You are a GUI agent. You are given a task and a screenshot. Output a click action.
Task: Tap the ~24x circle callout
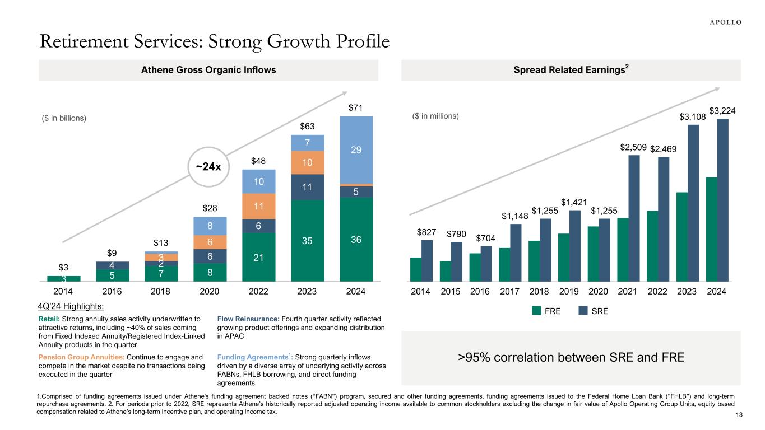[x=208, y=166]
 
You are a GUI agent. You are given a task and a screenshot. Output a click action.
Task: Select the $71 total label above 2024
[x=356, y=107]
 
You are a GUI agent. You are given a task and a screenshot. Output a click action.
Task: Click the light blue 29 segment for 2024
[x=356, y=149]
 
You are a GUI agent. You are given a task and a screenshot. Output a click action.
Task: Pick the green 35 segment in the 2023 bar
[x=307, y=240]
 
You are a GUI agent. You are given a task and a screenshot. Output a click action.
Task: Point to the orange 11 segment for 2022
[x=258, y=206]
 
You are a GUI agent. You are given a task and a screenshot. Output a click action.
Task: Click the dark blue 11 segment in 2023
[x=307, y=187]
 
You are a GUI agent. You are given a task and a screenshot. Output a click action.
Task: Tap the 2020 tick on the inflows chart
[x=210, y=292]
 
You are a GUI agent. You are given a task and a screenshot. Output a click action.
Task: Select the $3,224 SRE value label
[x=722, y=111]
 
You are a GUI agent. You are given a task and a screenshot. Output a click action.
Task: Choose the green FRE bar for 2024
[x=711, y=229]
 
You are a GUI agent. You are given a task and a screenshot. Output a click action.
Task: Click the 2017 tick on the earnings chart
[x=510, y=292]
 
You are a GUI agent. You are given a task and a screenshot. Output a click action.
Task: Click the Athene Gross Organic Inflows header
[x=208, y=70]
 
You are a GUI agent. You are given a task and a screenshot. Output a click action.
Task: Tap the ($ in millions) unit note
[x=432, y=116]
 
